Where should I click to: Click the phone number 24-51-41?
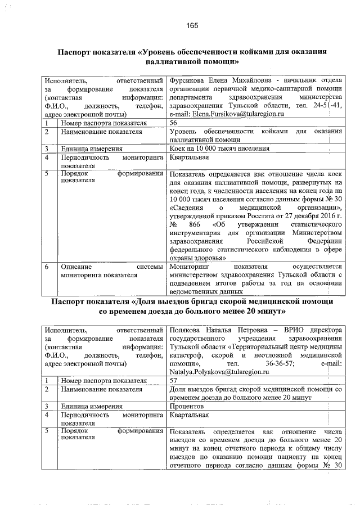(x=326, y=105)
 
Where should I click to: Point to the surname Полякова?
(x=187, y=330)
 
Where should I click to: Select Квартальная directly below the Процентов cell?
(x=189, y=415)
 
